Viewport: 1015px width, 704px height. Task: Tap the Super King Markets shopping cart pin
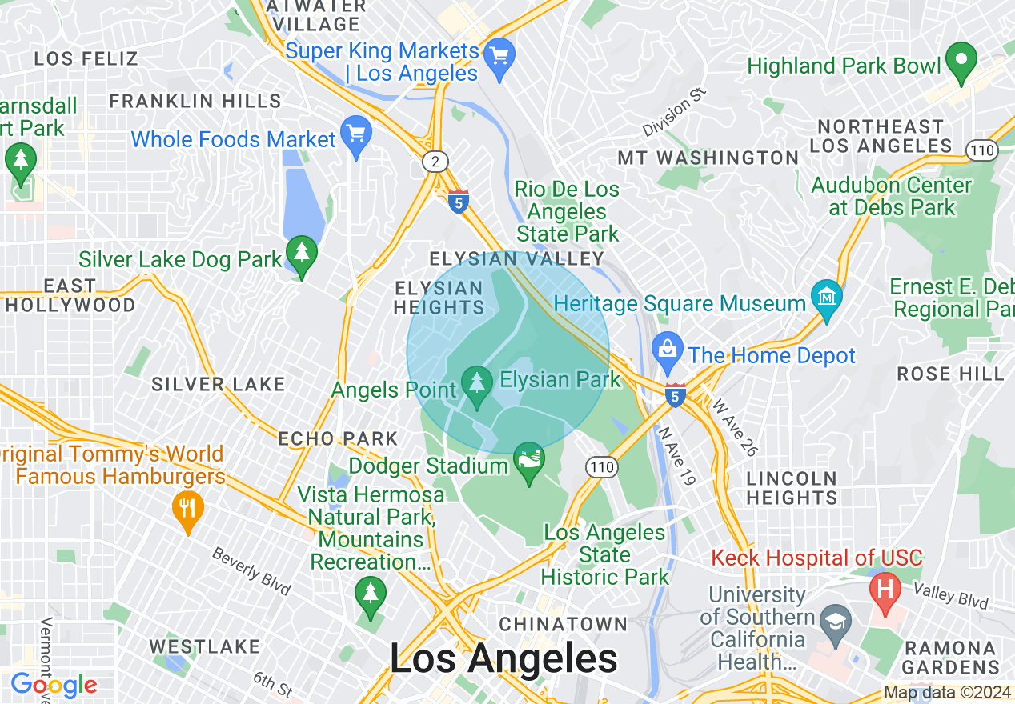[x=500, y=58]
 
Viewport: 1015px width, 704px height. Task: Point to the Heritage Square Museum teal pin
[x=826, y=297]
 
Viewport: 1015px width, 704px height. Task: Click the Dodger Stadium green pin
[x=529, y=462]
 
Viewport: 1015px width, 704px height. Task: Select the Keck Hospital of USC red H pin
[x=885, y=591]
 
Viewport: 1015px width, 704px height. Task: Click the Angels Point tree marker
[x=478, y=385]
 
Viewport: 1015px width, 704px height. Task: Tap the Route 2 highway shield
[x=435, y=162]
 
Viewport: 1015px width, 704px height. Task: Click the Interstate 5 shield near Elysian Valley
[x=459, y=202]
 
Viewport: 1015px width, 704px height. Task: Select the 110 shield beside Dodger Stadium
[x=600, y=466]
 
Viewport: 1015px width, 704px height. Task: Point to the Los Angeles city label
[x=503, y=658]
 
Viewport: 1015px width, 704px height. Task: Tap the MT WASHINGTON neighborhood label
[x=708, y=158]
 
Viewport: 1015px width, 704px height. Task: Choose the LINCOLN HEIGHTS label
[x=792, y=487]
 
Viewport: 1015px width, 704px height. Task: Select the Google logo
[x=54, y=685]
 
